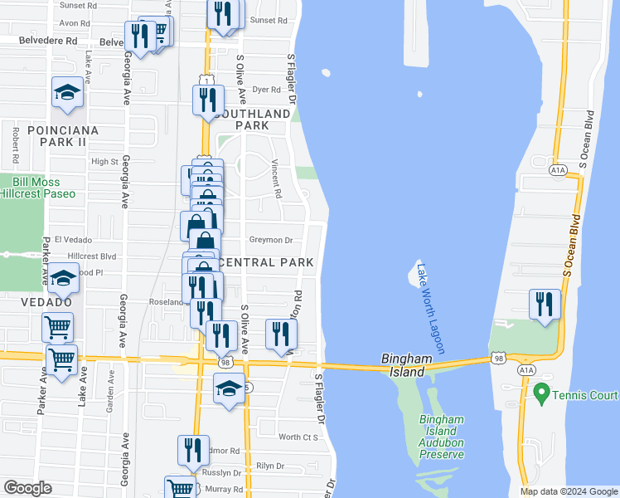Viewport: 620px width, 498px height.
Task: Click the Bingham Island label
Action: tap(408, 365)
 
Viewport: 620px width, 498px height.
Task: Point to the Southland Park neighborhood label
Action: tap(252, 119)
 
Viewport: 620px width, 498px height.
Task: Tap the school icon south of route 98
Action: tap(228, 388)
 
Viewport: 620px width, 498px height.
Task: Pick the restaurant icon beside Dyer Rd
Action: tap(206, 100)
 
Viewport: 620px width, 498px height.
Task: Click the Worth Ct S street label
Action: tap(298, 437)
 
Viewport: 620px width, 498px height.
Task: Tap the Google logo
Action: tap(28, 488)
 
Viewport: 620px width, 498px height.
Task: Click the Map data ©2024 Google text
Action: tap(568, 491)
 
